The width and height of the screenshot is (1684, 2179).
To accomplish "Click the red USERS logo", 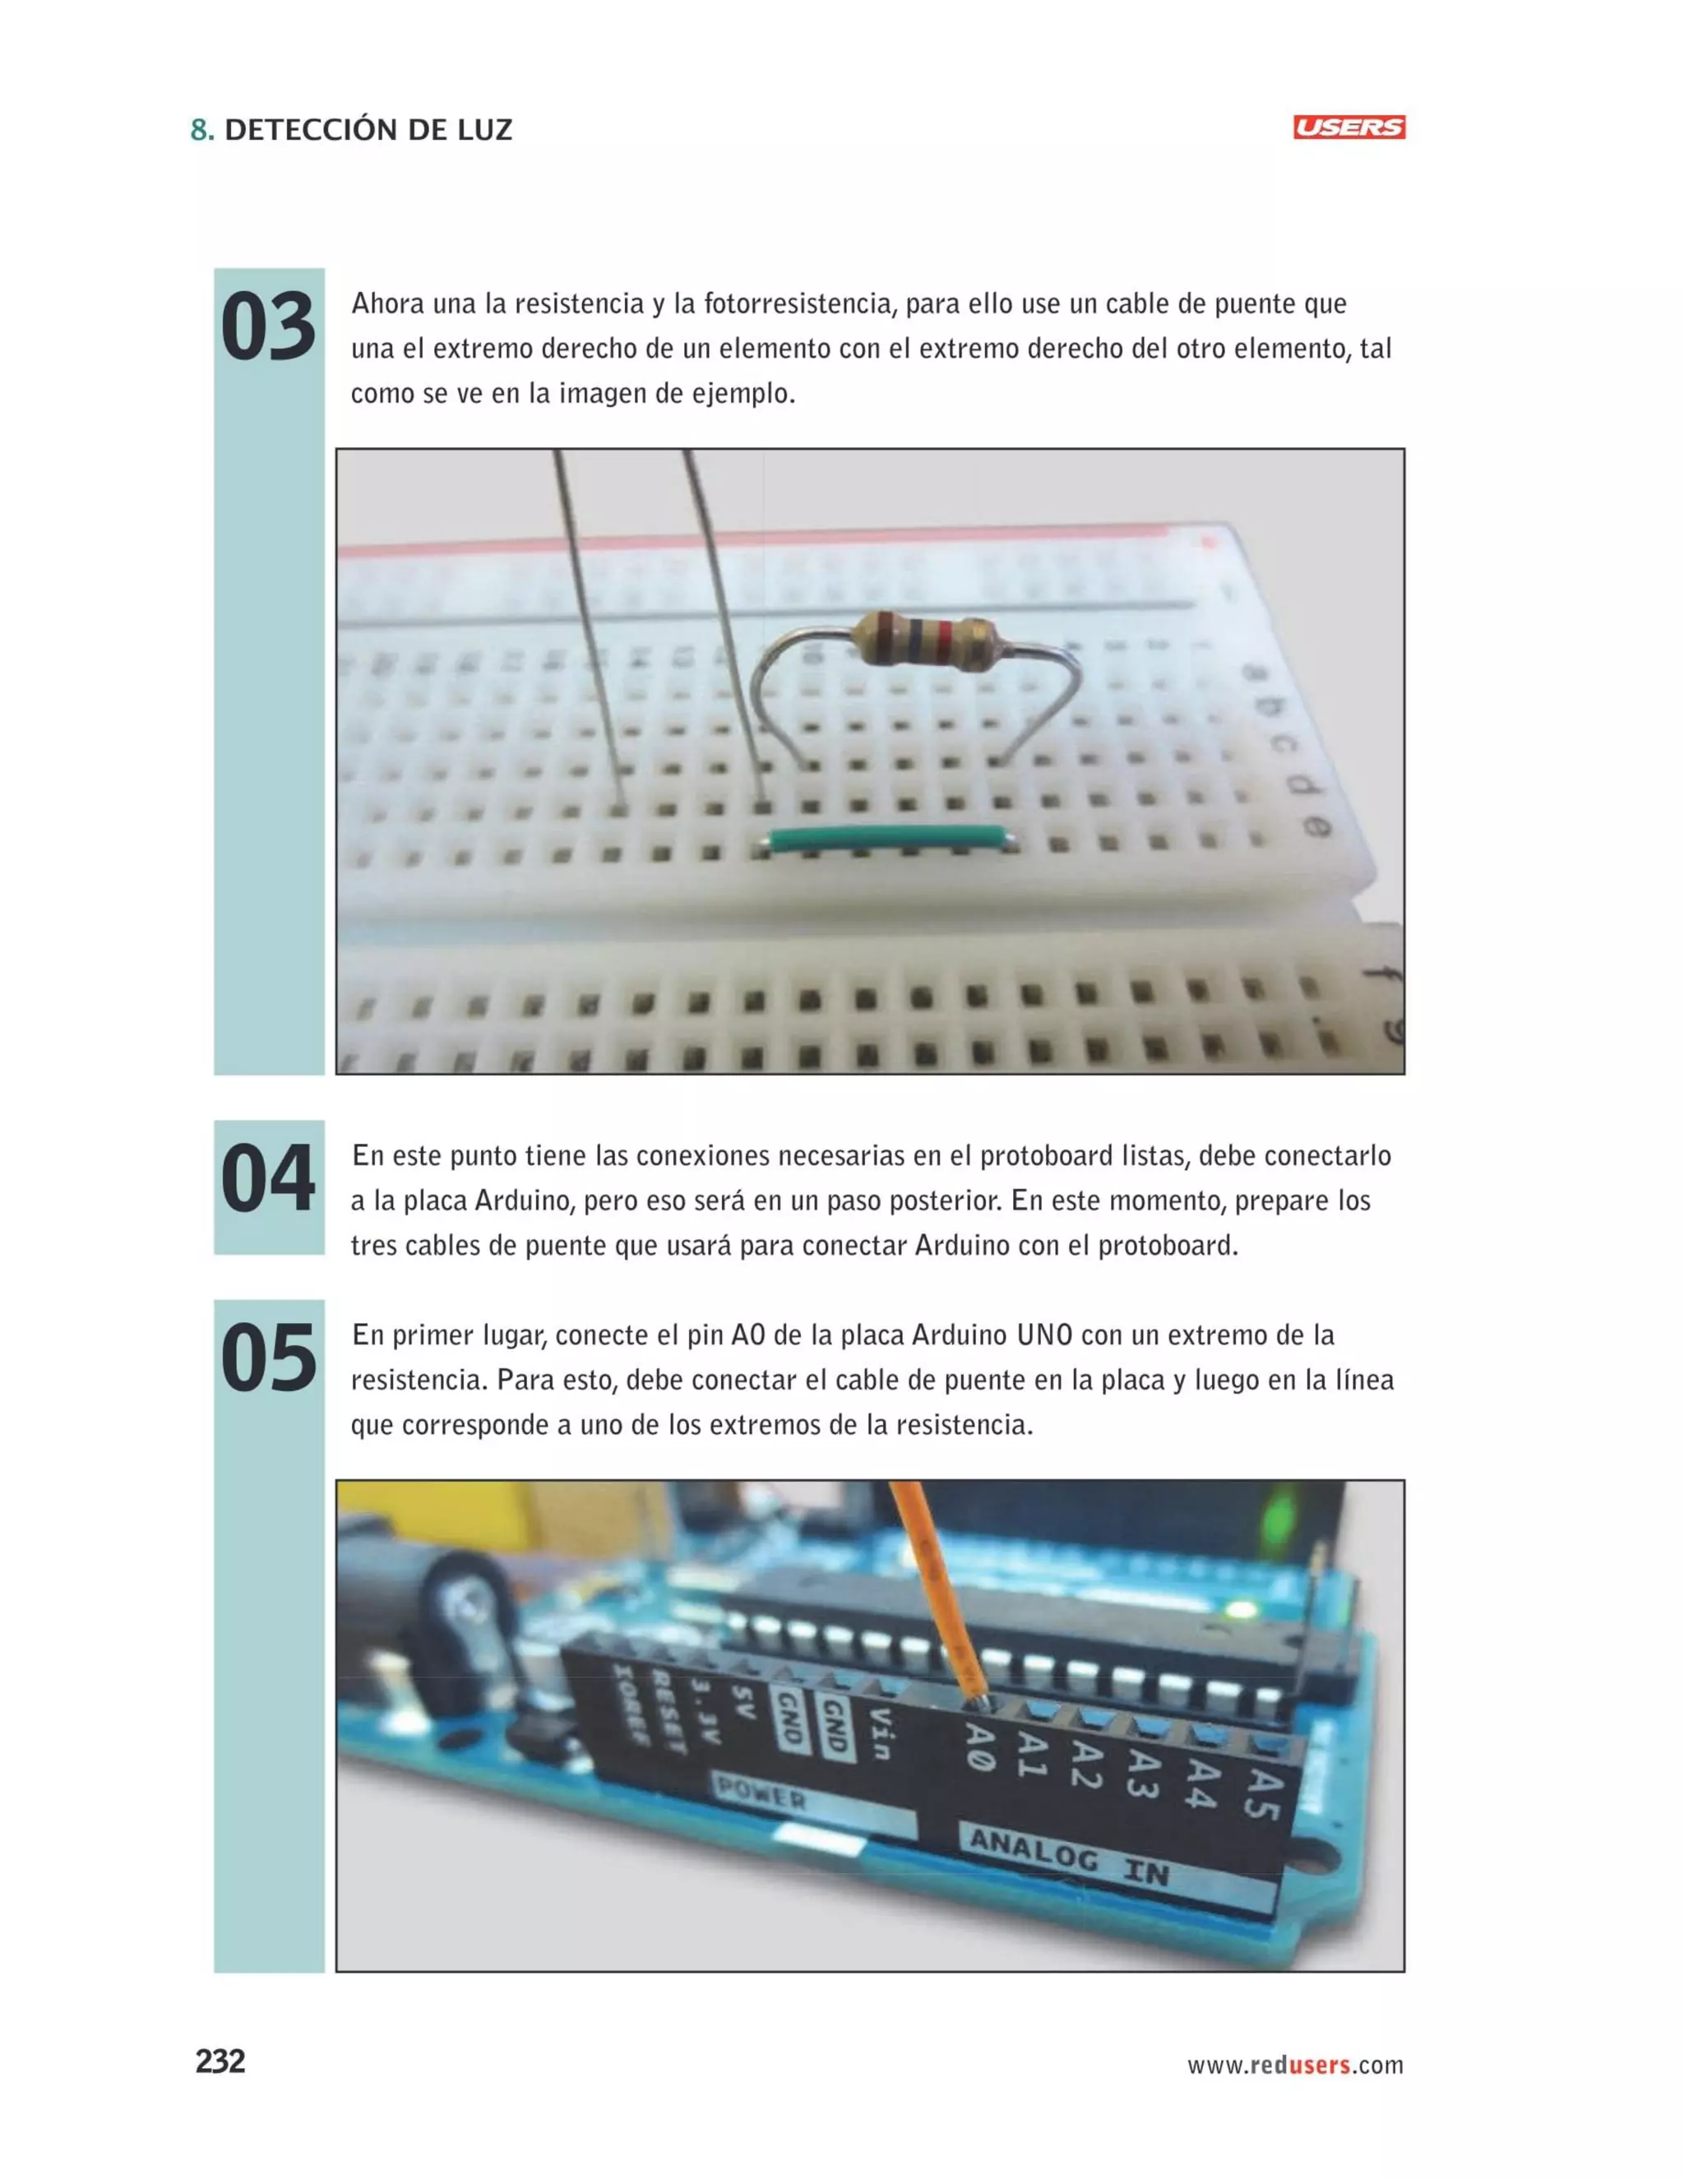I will (1348, 127).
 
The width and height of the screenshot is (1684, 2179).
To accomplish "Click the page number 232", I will (220, 2061).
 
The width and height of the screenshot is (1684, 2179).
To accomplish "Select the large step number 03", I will (267, 328).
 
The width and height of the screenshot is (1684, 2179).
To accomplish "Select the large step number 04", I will (267, 1180).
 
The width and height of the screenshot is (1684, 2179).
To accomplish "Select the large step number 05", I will (267, 1360).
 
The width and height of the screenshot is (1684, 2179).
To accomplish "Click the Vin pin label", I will (880, 1733).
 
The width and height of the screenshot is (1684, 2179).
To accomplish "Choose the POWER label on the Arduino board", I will (761, 1795).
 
